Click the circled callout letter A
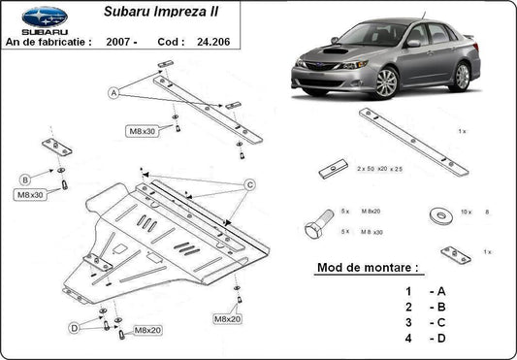pos(113,93)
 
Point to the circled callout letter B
pos(24,178)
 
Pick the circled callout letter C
pos(249,184)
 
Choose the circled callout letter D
pos(74,329)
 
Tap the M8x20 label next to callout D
pos(147,331)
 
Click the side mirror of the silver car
pos(414,44)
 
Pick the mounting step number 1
pos(409,290)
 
